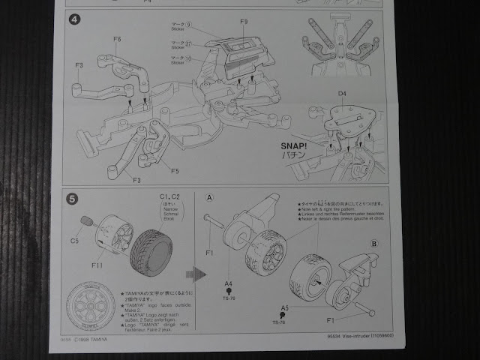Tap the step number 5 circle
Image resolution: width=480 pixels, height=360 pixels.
coord(72,199)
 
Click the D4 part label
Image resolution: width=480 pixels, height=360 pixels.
coord(342,94)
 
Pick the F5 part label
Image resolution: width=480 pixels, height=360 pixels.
coord(175,170)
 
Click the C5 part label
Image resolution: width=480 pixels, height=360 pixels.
coord(75,241)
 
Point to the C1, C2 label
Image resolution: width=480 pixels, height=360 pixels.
coord(170,196)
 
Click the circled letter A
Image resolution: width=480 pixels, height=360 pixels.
coord(210,198)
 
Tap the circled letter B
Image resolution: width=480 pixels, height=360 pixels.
coord(374,243)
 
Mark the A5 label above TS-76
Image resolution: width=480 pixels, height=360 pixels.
coord(285,307)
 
